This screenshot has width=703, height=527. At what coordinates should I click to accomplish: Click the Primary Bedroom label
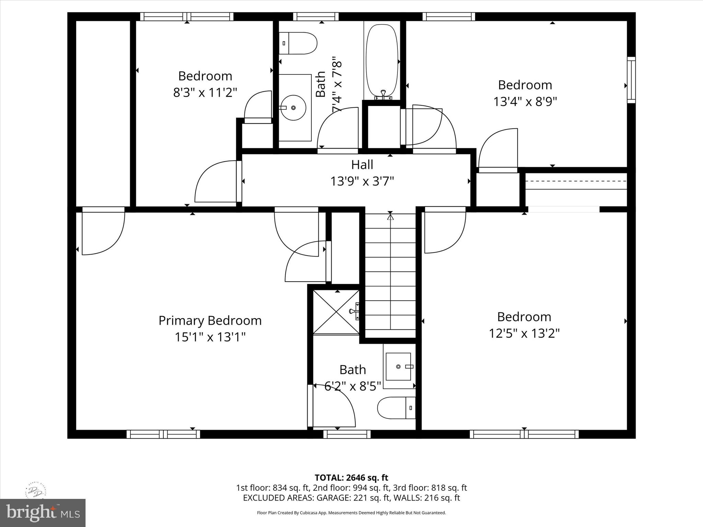coord(210,320)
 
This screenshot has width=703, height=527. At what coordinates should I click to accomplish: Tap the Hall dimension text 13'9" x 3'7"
coord(362,181)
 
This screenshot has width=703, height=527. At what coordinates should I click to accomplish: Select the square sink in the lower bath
coord(398,366)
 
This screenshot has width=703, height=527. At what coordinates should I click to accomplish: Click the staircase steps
coord(390,274)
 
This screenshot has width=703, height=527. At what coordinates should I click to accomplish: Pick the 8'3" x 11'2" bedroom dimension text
coord(205,93)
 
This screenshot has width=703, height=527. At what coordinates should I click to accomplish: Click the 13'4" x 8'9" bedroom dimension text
coord(525,102)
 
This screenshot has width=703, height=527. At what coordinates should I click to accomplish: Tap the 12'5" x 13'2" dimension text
coord(524,333)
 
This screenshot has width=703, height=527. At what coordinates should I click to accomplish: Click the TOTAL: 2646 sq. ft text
coord(351,478)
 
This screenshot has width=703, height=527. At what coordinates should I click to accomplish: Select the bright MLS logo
coord(43,513)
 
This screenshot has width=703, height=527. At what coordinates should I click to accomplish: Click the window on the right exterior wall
coord(631,80)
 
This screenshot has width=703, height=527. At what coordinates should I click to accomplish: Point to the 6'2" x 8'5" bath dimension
coord(353,386)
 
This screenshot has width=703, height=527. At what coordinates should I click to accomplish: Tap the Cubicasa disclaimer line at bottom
coord(351,513)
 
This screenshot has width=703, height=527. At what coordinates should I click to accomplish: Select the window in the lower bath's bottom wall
coord(347,434)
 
